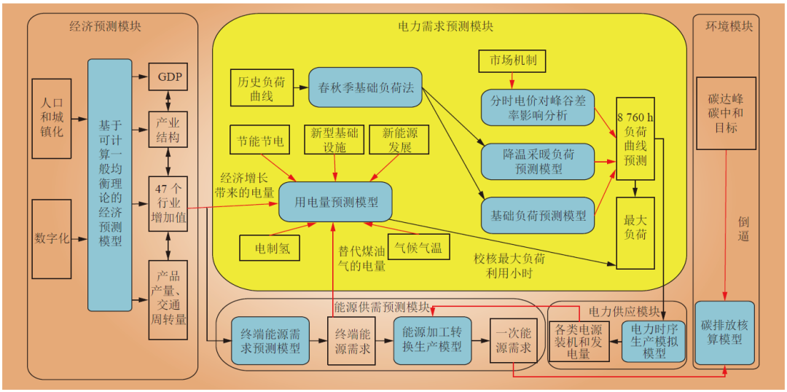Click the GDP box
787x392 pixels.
click(x=168, y=77)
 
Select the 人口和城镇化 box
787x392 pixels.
click(x=52, y=117)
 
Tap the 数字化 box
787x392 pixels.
click(x=52, y=238)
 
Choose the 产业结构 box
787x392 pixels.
click(x=168, y=128)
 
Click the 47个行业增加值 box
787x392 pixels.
click(x=168, y=203)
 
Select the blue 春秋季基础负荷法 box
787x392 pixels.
click(x=366, y=88)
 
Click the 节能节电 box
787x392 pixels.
click(x=260, y=140)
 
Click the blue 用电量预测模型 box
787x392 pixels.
click(x=335, y=202)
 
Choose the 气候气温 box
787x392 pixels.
click(x=418, y=248)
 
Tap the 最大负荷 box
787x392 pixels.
click(x=635, y=226)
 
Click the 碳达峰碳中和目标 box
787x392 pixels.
click(x=726, y=113)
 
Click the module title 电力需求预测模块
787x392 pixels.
click(x=445, y=26)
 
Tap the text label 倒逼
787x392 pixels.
click(x=743, y=228)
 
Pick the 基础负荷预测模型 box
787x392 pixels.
click(x=538, y=216)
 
